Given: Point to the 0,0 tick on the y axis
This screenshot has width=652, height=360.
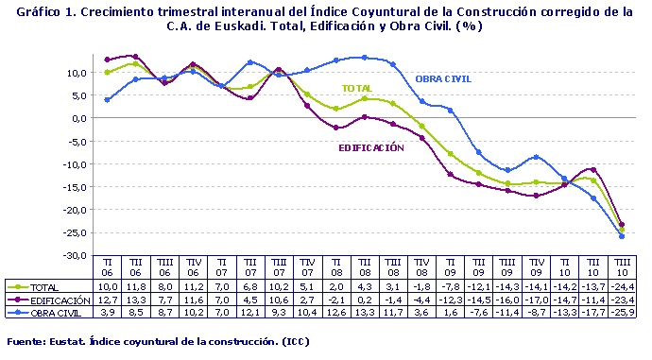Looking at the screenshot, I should click(82, 118).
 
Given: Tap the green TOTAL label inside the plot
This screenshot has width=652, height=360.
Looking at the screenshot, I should click(355, 88).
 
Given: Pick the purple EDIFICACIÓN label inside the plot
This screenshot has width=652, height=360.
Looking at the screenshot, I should click(371, 148).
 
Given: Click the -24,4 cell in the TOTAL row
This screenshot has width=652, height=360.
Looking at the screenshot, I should click(621, 285).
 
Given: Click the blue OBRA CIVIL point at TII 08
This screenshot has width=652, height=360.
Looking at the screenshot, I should click(365, 58).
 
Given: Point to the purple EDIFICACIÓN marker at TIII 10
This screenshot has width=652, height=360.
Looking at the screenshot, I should click(621, 225).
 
